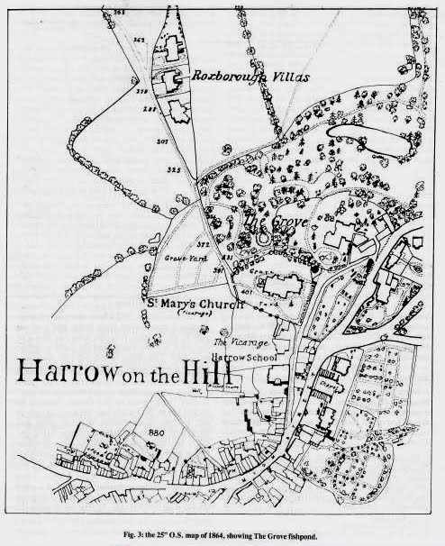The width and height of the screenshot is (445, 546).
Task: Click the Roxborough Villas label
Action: [x=250, y=77]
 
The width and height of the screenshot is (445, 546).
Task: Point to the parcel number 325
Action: [x=174, y=168]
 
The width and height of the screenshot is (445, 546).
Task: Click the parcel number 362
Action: [x=140, y=40]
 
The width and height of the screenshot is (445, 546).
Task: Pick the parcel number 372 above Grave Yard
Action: [x=203, y=244]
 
